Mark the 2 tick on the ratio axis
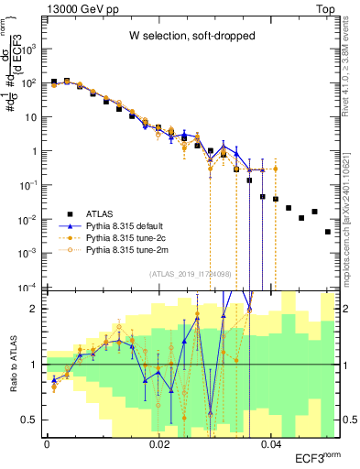pos(37,309)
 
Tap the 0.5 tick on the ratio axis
pos(34,420)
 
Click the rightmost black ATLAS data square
pos(327,232)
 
